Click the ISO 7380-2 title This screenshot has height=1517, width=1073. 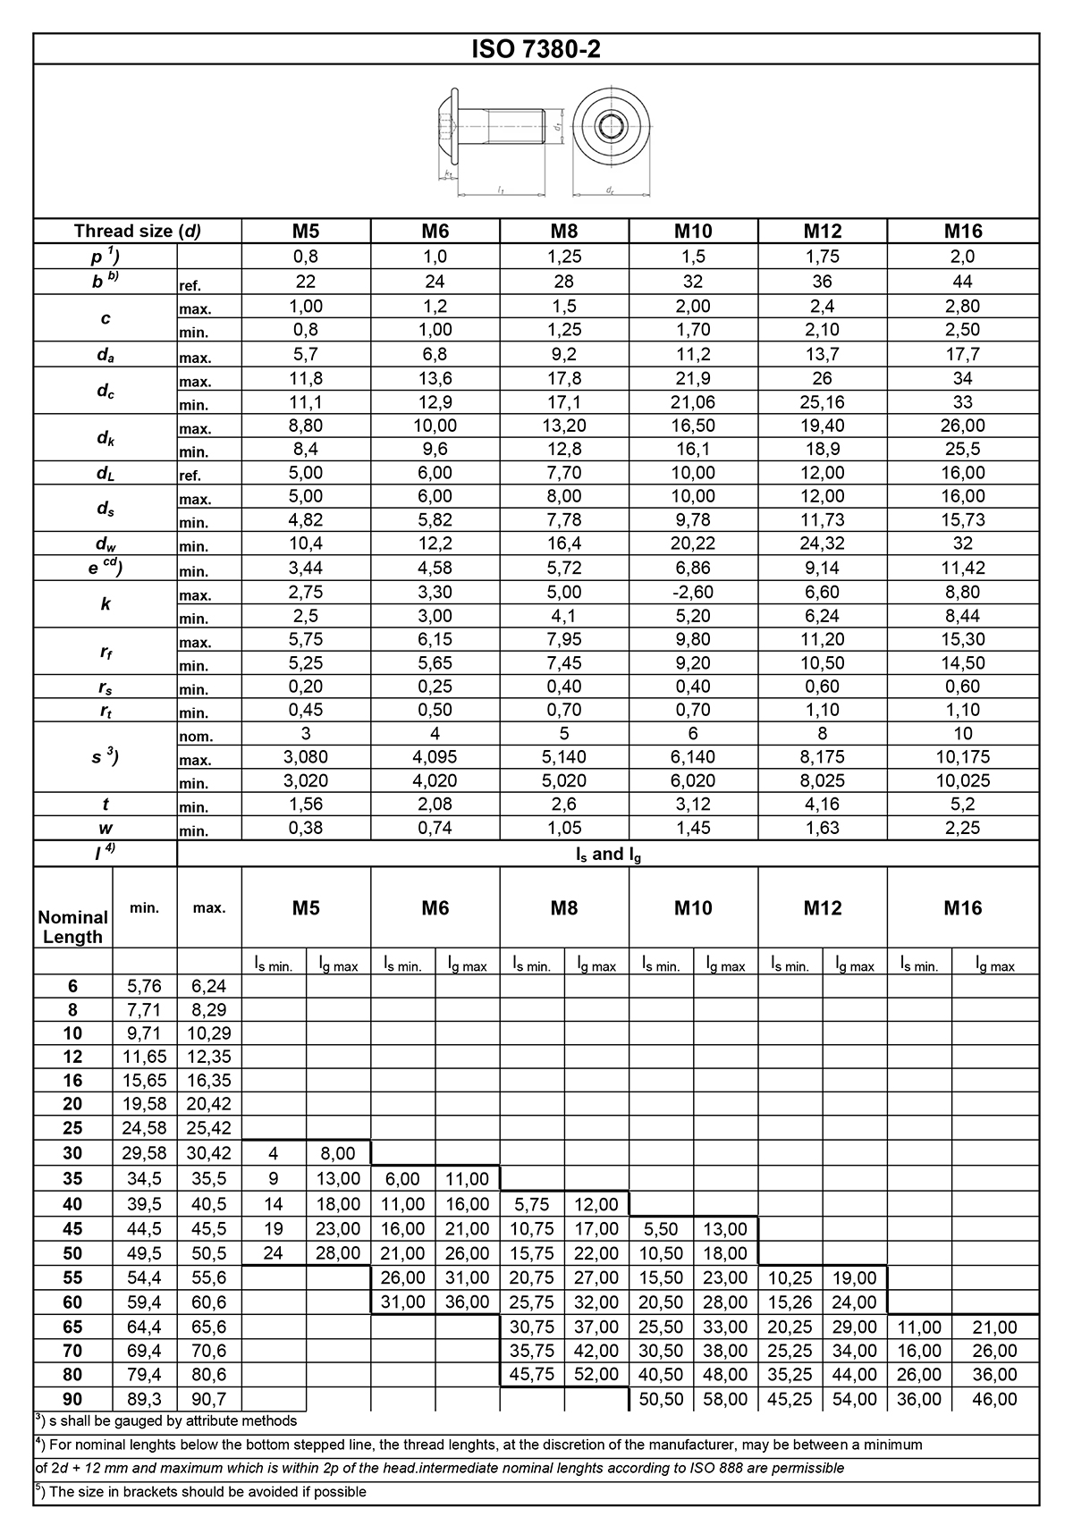536,49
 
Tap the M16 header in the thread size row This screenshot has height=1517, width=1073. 962,232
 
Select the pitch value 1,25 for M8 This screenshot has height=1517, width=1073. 563,257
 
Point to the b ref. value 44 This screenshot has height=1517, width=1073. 962,282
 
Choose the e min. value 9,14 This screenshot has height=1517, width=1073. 822,568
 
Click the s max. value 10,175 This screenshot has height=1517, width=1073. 962,757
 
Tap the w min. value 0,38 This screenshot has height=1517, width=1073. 305,828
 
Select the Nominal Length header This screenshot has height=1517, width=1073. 72,927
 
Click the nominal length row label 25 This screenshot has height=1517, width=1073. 72,1128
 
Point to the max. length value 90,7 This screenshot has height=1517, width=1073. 208,1399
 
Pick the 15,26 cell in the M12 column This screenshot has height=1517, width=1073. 790,1302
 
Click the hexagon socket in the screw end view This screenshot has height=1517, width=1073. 611,127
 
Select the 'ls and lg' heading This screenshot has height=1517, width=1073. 608,855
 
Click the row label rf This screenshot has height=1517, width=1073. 106,653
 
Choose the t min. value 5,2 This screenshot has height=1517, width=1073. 962,805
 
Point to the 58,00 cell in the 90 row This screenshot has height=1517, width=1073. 725,1399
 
